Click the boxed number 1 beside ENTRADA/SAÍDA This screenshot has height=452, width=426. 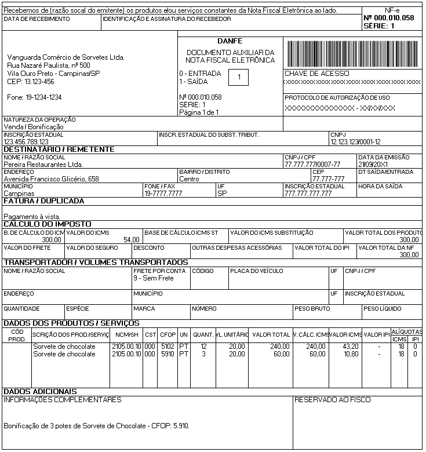point(239,78)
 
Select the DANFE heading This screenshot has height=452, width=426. point(230,41)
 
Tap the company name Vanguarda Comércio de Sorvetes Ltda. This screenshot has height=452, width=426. point(66,57)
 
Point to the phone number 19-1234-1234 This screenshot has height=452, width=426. point(35,97)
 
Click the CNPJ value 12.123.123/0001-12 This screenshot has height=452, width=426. point(355,141)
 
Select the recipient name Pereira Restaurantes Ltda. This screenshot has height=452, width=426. point(43,165)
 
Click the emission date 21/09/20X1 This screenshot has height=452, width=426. point(376,165)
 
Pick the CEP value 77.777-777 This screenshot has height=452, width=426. point(328,179)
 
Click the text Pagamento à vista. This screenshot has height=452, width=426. point(32,216)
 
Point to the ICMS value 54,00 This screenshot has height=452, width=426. point(132,239)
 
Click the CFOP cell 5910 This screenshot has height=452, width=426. point(168,353)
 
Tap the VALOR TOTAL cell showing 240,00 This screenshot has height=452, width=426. point(278,346)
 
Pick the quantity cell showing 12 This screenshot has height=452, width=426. point(203,346)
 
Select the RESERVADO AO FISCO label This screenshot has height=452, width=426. point(333,400)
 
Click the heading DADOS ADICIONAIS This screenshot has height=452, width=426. point(41,392)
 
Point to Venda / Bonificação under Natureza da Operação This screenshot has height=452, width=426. point(34,126)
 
